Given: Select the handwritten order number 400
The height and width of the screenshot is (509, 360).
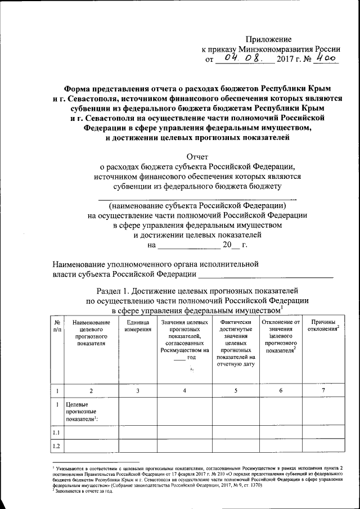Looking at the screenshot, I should point(324,57).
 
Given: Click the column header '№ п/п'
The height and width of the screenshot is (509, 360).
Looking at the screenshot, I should point(57,325).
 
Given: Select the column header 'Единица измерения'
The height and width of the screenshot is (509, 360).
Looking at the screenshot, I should point(135,325).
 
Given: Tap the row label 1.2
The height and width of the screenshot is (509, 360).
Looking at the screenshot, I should point(57,447).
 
